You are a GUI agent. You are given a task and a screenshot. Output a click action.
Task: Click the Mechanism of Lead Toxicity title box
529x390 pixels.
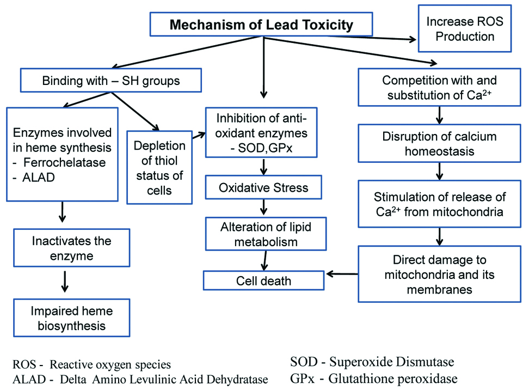tap(261, 25)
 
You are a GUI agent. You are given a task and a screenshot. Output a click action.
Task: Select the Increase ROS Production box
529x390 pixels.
tap(460, 29)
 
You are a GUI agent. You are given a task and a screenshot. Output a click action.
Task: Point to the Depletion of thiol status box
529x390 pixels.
tap(159, 168)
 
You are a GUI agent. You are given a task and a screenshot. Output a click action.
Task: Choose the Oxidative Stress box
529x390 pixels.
tap(263, 188)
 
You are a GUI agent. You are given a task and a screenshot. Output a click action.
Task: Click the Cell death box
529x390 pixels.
tap(263, 281)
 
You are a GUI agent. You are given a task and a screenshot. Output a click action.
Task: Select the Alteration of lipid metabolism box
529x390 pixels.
tap(265, 234)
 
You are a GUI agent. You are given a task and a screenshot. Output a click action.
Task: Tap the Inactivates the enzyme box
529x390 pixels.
tap(71, 248)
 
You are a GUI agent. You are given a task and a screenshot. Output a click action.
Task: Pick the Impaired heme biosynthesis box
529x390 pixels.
tap(71, 318)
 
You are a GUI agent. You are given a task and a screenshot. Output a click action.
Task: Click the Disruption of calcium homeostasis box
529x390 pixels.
tap(439, 143)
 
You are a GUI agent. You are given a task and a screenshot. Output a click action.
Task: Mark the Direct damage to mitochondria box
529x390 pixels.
tap(439, 274)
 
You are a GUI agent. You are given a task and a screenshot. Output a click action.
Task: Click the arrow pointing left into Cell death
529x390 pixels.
tap(341, 275)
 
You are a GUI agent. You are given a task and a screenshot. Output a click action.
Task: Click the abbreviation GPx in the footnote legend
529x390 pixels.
tap(303, 379)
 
